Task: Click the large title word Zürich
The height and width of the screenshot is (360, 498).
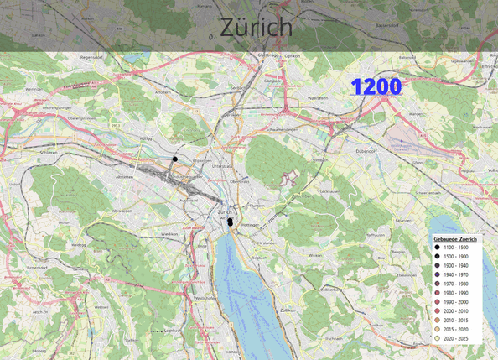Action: click(x=257, y=27)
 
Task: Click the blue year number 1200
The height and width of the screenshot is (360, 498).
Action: click(x=376, y=86)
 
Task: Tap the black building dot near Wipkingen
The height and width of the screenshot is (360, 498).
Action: click(x=175, y=159)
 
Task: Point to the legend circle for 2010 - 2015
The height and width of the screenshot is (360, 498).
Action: click(x=437, y=320)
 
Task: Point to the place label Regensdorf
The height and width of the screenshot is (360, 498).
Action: click(x=90, y=57)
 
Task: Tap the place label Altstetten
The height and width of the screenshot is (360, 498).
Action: click(x=124, y=177)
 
